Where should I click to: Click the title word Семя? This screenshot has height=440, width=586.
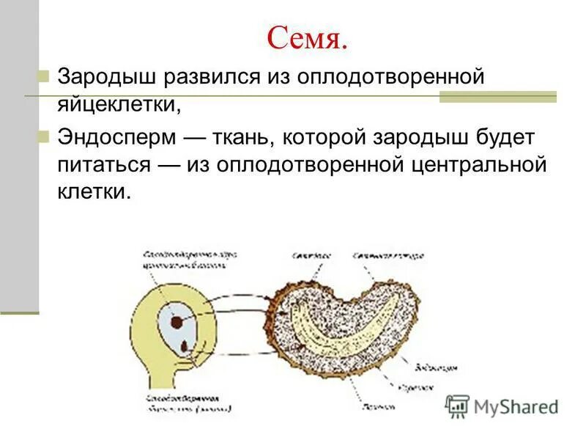click(306, 37)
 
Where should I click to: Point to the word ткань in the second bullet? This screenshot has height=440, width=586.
click(241, 137)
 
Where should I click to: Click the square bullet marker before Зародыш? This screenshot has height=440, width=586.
click(43, 76)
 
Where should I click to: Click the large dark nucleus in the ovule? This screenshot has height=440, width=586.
click(177, 320)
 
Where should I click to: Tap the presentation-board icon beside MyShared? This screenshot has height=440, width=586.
click(458, 406)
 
